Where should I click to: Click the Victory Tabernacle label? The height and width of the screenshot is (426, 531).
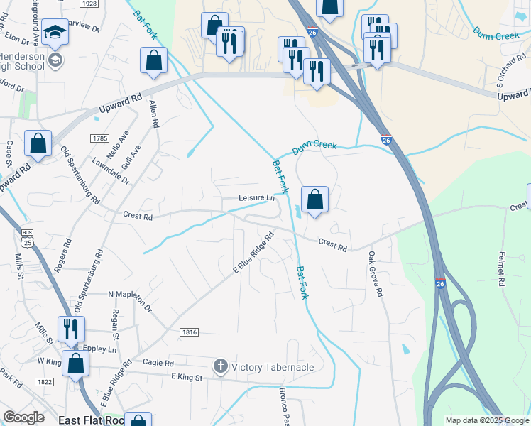[273, 367]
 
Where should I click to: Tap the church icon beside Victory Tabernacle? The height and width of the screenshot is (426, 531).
[220, 366]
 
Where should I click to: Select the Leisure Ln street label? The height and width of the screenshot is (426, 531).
[256, 198]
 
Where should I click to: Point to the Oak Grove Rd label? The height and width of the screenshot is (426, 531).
[375, 273]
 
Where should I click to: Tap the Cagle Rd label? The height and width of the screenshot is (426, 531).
[158, 363]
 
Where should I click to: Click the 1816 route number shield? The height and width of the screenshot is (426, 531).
[190, 332]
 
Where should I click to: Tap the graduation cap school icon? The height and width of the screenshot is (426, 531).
[55, 33]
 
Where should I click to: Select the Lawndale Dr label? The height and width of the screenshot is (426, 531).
[115, 170]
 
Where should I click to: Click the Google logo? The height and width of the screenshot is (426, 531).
[23, 417]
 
